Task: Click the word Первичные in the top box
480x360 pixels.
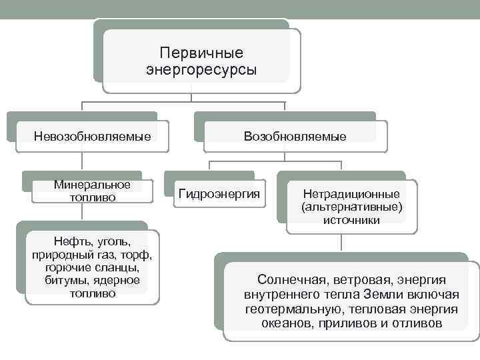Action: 202,53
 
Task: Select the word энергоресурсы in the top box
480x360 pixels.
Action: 201,69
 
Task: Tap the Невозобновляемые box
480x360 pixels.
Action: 92,137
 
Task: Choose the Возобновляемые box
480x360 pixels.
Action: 295,137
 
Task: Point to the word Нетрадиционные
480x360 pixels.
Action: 351,193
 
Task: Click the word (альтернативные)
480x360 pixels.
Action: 352,207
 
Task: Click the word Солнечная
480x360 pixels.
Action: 291,280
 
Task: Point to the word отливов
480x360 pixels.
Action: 417,324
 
